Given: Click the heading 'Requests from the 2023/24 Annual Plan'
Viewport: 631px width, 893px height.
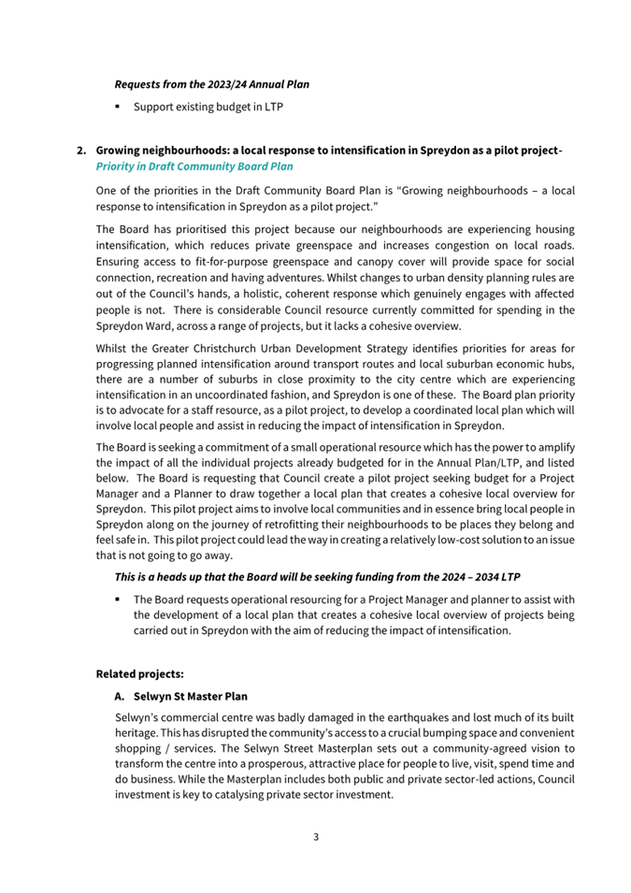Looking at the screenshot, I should coord(211,84).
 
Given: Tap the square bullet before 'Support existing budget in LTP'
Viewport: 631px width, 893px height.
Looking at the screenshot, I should coord(118,108).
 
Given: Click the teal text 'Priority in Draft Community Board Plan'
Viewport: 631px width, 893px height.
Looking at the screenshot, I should coord(194,166).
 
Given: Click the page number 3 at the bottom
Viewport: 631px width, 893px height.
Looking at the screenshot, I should coord(316,837).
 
